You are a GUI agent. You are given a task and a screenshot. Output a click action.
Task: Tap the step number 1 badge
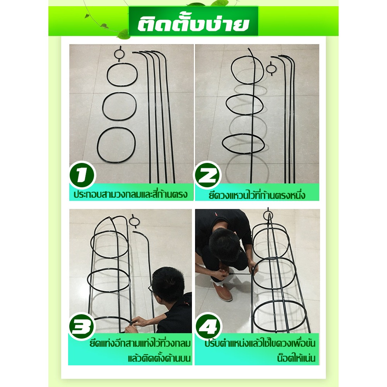coord(82,175)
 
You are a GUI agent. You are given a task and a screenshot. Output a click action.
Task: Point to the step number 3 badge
coord(81,326)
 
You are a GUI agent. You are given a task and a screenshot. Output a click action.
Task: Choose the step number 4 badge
coord(209,326)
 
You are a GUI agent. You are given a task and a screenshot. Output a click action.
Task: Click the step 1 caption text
coord(130,194)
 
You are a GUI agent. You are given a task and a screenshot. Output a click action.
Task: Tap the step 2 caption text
coord(257,195)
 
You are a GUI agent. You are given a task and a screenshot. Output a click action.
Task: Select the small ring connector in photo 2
coord(271,68)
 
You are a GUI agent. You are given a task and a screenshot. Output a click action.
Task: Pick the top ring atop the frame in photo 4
coord(268,216)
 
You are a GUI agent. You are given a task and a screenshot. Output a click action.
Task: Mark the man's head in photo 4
coord(224,244)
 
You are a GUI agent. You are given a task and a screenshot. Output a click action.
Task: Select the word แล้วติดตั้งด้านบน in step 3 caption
coord(159,358)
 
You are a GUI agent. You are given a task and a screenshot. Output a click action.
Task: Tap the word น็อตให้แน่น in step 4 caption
coord(296,358)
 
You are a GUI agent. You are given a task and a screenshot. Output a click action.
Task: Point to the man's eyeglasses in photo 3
coord(151,289)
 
